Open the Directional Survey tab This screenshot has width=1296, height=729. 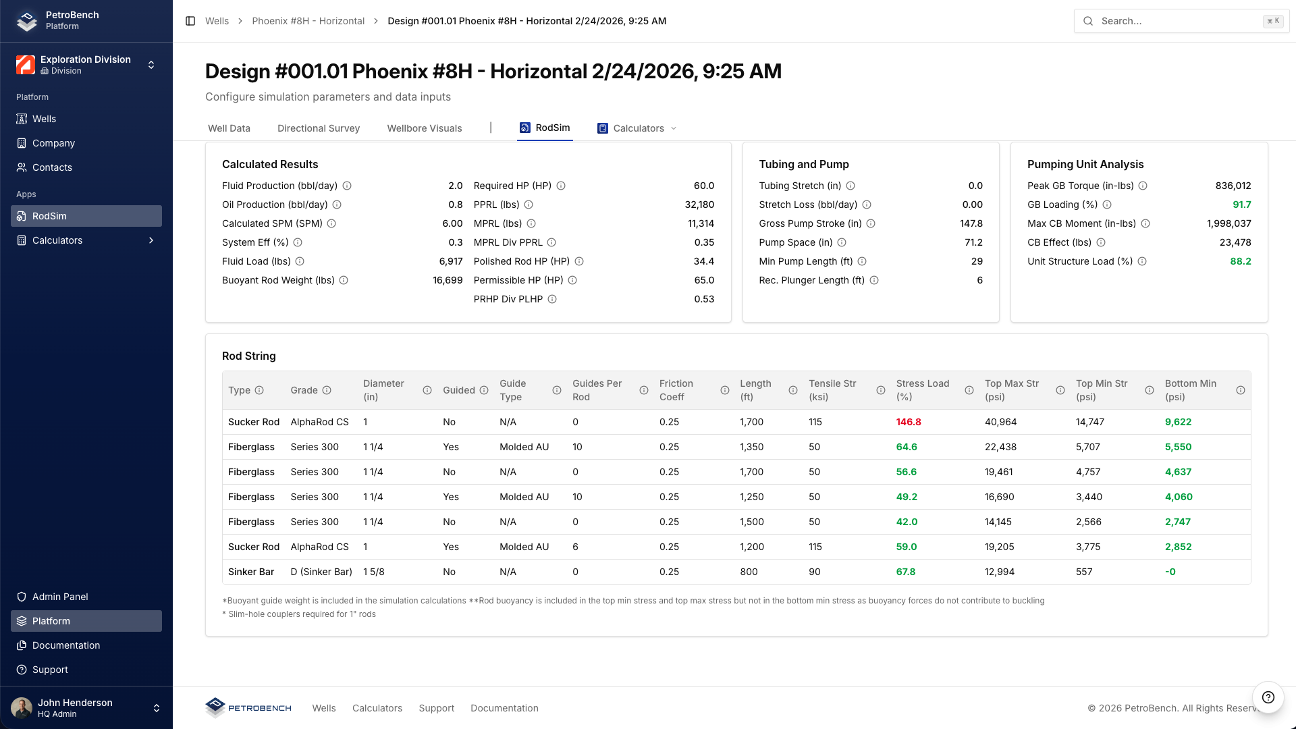(x=318, y=128)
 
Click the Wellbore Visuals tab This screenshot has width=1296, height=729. (x=424, y=128)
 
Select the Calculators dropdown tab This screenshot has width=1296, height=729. (x=637, y=128)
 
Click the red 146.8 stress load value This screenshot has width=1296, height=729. (x=908, y=422)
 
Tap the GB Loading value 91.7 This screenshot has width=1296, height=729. (x=1241, y=205)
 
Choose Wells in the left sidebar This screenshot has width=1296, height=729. (x=44, y=119)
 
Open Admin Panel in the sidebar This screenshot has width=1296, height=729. (x=60, y=597)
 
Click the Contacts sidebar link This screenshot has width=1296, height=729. (x=52, y=167)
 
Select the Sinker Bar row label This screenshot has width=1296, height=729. (x=251, y=572)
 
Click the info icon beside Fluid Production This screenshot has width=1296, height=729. (x=347, y=186)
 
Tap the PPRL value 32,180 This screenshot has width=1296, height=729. (x=699, y=205)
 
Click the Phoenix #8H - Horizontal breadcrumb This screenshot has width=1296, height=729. (x=308, y=21)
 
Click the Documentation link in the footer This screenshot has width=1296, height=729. (x=504, y=708)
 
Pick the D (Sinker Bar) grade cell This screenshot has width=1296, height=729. (x=321, y=572)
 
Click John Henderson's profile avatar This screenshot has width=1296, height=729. (x=22, y=708)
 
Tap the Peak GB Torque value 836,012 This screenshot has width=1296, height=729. (x=1233, y=186)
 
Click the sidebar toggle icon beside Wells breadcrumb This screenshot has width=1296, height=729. (x=190, y=21)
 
